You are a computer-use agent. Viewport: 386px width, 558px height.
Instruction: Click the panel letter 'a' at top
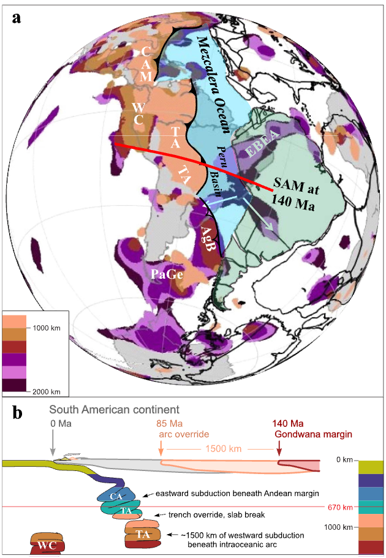(17, 17)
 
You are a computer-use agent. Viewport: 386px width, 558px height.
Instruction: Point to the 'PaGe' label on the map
(167, 275)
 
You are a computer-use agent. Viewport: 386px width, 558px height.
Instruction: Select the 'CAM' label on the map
(146, 64)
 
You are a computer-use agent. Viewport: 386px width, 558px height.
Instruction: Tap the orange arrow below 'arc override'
(161, 449)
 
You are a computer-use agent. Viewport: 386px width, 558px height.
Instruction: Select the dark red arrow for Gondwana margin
(279, 449)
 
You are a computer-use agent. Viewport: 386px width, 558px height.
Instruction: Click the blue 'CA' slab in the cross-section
(113, 494)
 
